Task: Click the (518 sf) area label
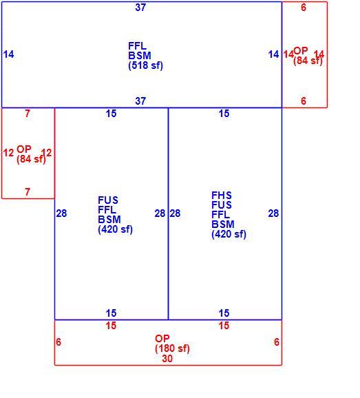coord(145,65)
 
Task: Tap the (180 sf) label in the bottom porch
coord(172,348)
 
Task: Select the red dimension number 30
coord(167,358)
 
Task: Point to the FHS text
coord(222,195)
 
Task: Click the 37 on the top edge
coord(140,8)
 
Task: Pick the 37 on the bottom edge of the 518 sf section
coord(140,101)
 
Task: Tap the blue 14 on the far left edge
coord(9,54)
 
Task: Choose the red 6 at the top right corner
coord(304,8)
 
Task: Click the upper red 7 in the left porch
coord(28,114)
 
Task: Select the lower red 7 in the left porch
coord(28,192)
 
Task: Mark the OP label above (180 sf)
coord(162,338)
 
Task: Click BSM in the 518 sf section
coord(140,56)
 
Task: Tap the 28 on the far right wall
coord(273,213)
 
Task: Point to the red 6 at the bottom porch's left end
coord(59,342)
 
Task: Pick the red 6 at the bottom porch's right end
coord(277,342)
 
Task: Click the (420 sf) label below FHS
coord(229,234)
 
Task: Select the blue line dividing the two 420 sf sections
coord(168,213)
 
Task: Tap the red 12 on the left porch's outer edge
coord(8,153)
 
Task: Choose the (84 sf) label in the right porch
coord(308,61)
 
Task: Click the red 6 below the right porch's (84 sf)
coord(304,101)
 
